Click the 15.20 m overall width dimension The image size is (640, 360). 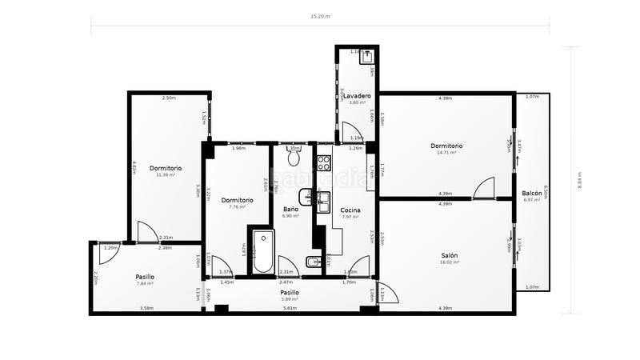321,15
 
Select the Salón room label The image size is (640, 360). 449,256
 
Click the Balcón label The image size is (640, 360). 532,194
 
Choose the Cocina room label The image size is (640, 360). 350,210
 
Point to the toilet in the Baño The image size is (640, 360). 293,157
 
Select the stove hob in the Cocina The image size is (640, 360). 325,163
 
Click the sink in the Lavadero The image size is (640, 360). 367,57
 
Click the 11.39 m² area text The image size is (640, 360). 168,174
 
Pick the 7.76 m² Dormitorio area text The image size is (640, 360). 237,206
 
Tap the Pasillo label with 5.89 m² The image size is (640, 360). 290,293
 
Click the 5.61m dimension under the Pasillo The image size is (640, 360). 290,308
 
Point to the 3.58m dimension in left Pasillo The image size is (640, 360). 146,308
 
